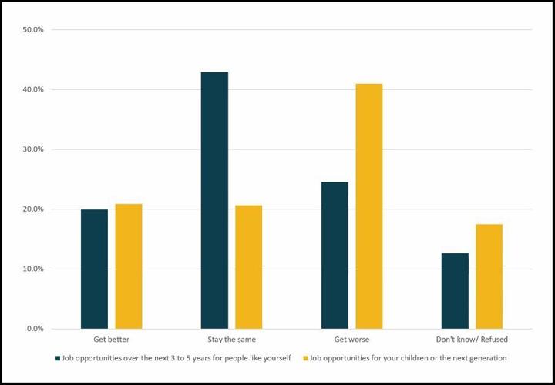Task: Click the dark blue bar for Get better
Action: pyautogui.click(x=94, y=269)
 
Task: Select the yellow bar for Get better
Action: pyautogui.click(x=129, y=266)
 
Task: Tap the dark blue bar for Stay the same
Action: pyautogui.click(x=214, y=200)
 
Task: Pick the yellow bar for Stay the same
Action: pyautogui.click(x=249, y=267)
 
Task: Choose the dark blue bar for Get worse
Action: pyautogui.click(x=335, y=256)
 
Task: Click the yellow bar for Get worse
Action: pyautogui.click(x=369, y=206)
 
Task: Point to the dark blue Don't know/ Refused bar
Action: pyautogui.click(x=455, y=291)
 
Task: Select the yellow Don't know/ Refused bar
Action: pyautogui.click(x=489, y=276)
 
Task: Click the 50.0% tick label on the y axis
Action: pyautogui.click(x=33, y=30)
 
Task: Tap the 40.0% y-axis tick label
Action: pyautogui.click(x=33, y=90)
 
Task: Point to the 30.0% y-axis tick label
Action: pyautogui.click(x=33, y=149)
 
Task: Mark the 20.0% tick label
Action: pyautogui.click(x=33, y=209)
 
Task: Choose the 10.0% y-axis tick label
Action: pyautogui.click(x=33, y=269)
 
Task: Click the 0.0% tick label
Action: pyautogui.click(x=35, y=329)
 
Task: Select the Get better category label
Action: pyautogui.click(x=111, y=340)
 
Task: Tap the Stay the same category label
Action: pyautogui.click(x=231, y=340)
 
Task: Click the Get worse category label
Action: pyautogui.click(x=351, y=340)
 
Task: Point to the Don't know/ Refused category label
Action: pyautogui.click(x=472, y=340)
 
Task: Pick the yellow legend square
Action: pyautogui.click(x=305, y=358)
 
